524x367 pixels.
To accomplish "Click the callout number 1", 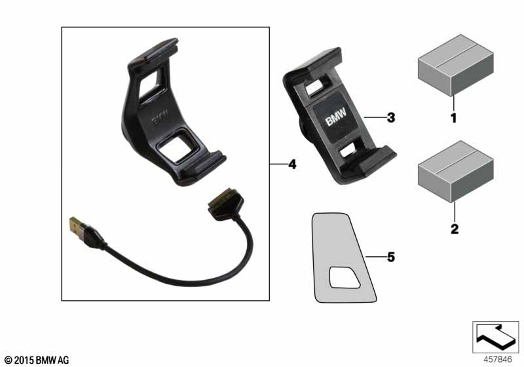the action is [453, 118].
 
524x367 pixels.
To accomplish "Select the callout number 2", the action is [455, 229].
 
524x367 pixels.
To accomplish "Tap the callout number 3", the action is [391, 118].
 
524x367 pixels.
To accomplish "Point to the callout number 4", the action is [292, 164].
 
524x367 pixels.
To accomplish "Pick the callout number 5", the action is [391, 257].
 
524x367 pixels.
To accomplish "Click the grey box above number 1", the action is [455, 65].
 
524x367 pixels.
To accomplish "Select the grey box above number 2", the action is [455, 171].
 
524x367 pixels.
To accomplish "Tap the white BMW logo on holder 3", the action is [336, 117].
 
